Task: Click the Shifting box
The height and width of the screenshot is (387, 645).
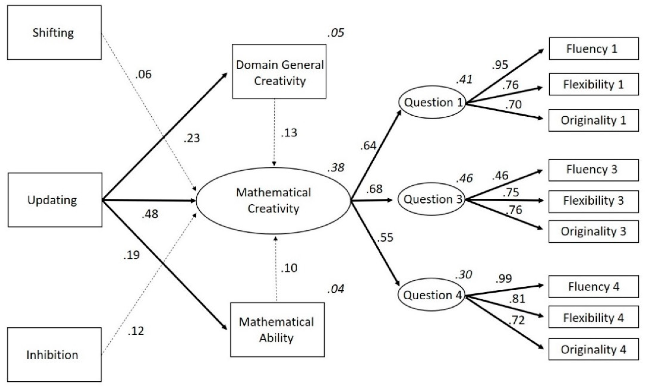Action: tap(54, 33)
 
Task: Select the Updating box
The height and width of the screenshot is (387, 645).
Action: tap(55, 200)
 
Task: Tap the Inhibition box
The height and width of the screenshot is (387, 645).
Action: tap(54, 355)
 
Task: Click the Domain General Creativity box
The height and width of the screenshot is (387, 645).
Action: tap(279, 72)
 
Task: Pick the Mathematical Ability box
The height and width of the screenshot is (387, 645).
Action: tap(277, 330)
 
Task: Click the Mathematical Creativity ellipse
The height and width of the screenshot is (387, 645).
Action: tap(273, 200)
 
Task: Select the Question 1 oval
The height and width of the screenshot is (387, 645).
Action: tap(433, 102)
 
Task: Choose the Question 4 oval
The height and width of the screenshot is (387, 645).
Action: tap(432, 295)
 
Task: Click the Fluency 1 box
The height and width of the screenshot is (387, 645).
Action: tap(593, 49)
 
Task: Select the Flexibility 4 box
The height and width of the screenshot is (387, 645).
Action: tap(593, 317)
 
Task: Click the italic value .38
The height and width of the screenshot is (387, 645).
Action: tap(336, 168)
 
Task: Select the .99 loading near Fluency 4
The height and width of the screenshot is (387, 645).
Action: tap(504, 279)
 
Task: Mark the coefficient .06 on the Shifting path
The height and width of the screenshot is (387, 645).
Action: tap(143, 75)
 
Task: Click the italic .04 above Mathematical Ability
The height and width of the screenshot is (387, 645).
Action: tap(336, 289)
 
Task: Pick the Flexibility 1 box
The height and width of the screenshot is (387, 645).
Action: tap(593, 84)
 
